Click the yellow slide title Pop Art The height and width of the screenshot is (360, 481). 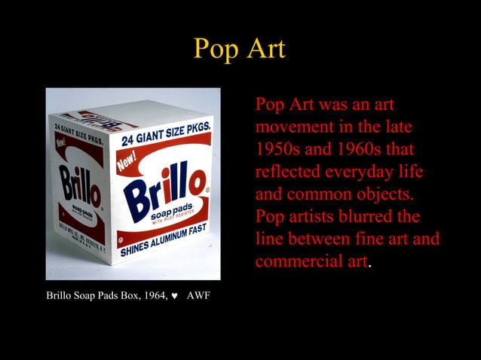[x=240, y=49]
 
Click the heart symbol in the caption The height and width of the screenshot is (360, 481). [x=173, y=295]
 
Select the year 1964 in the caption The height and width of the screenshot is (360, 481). [x=152, y=295]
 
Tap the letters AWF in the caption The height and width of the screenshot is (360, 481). [x=198, y=295]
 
